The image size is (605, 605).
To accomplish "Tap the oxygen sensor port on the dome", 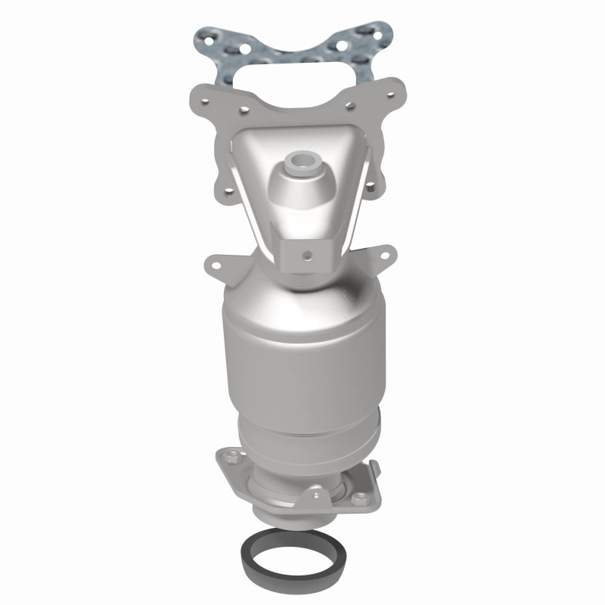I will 302,162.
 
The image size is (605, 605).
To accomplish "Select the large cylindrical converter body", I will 302,355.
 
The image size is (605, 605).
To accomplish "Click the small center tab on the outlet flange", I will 309,495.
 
